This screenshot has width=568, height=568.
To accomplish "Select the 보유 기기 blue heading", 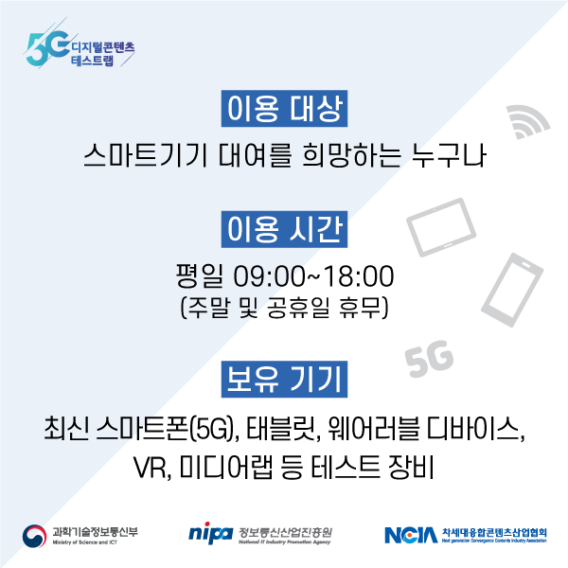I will pos(284,379).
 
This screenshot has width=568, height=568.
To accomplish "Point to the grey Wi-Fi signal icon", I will pos(528,120).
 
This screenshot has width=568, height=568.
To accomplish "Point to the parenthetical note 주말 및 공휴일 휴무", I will pos(284,308).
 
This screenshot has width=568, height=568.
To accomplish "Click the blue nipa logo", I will pos(210,534).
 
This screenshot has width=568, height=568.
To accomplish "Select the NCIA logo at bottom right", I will pos(411,535).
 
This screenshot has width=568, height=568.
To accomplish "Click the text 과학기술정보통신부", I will pos(96,530).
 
